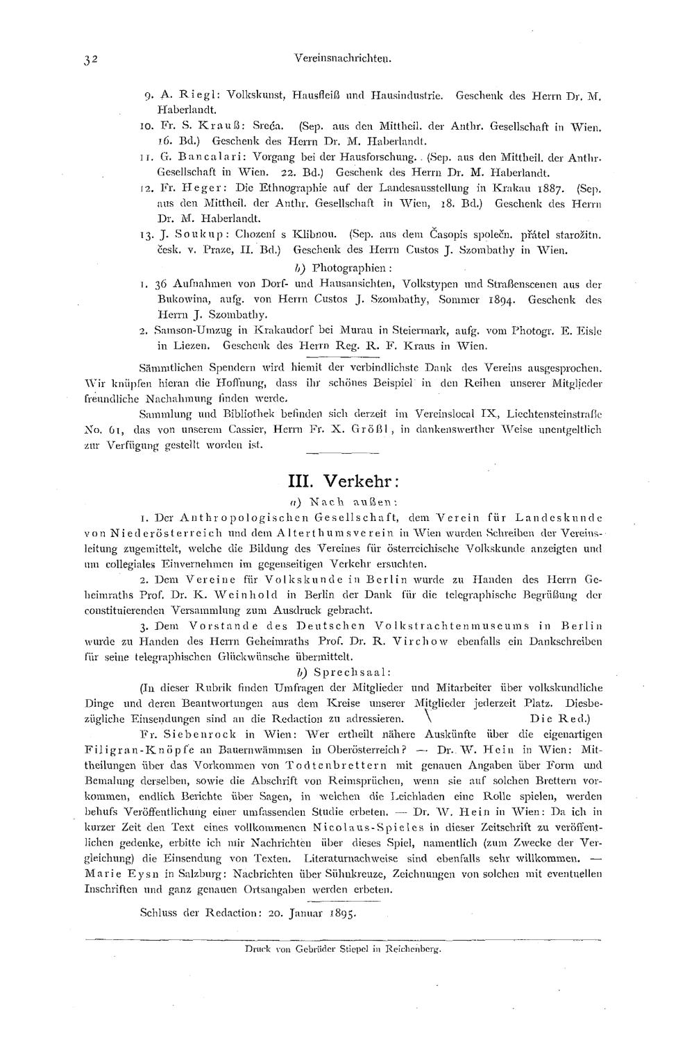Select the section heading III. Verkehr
[x=343, y=481]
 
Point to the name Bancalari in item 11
[x=191, y=159]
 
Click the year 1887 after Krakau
[x=550, y=189]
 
